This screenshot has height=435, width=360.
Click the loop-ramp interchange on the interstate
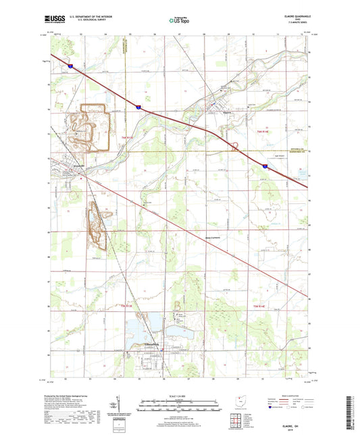tap(235, 145)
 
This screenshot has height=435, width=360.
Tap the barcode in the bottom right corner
tap(353, 410)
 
